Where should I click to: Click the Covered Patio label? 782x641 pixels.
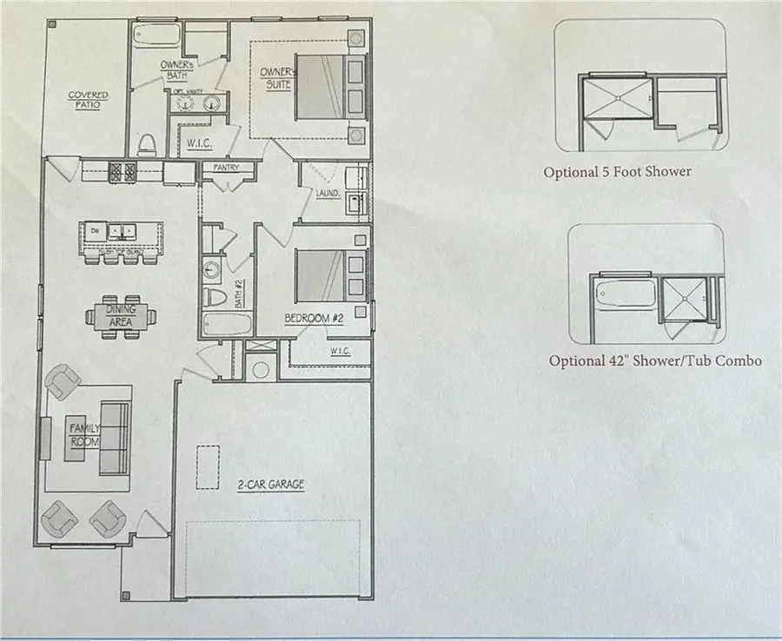pyautogui.click(x=89, y=100)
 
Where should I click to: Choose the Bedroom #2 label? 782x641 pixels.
pyautogui.click(x=314, y=319)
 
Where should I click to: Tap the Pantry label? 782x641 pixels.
pyautogui.click(x=227, y=168)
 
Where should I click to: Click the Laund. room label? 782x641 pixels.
pyautogui.click(x=327, y=194)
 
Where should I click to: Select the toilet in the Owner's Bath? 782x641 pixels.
pyautogui.click(x=146, y=142)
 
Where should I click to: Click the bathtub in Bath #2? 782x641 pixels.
pyautogui.click(x=226, y=327)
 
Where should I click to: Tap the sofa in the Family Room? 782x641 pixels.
pyautogui.click(x=114, y=437)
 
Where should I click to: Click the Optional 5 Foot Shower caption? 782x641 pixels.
pyautogui.click(x=617, y=171)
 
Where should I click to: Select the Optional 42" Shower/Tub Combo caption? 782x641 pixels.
pyautogui.click(x=655, y=360)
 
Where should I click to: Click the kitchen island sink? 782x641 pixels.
pyautogui.click(x=122, y=231)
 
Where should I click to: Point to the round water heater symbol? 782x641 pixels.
pyautogui.click(x=259, y=368)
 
